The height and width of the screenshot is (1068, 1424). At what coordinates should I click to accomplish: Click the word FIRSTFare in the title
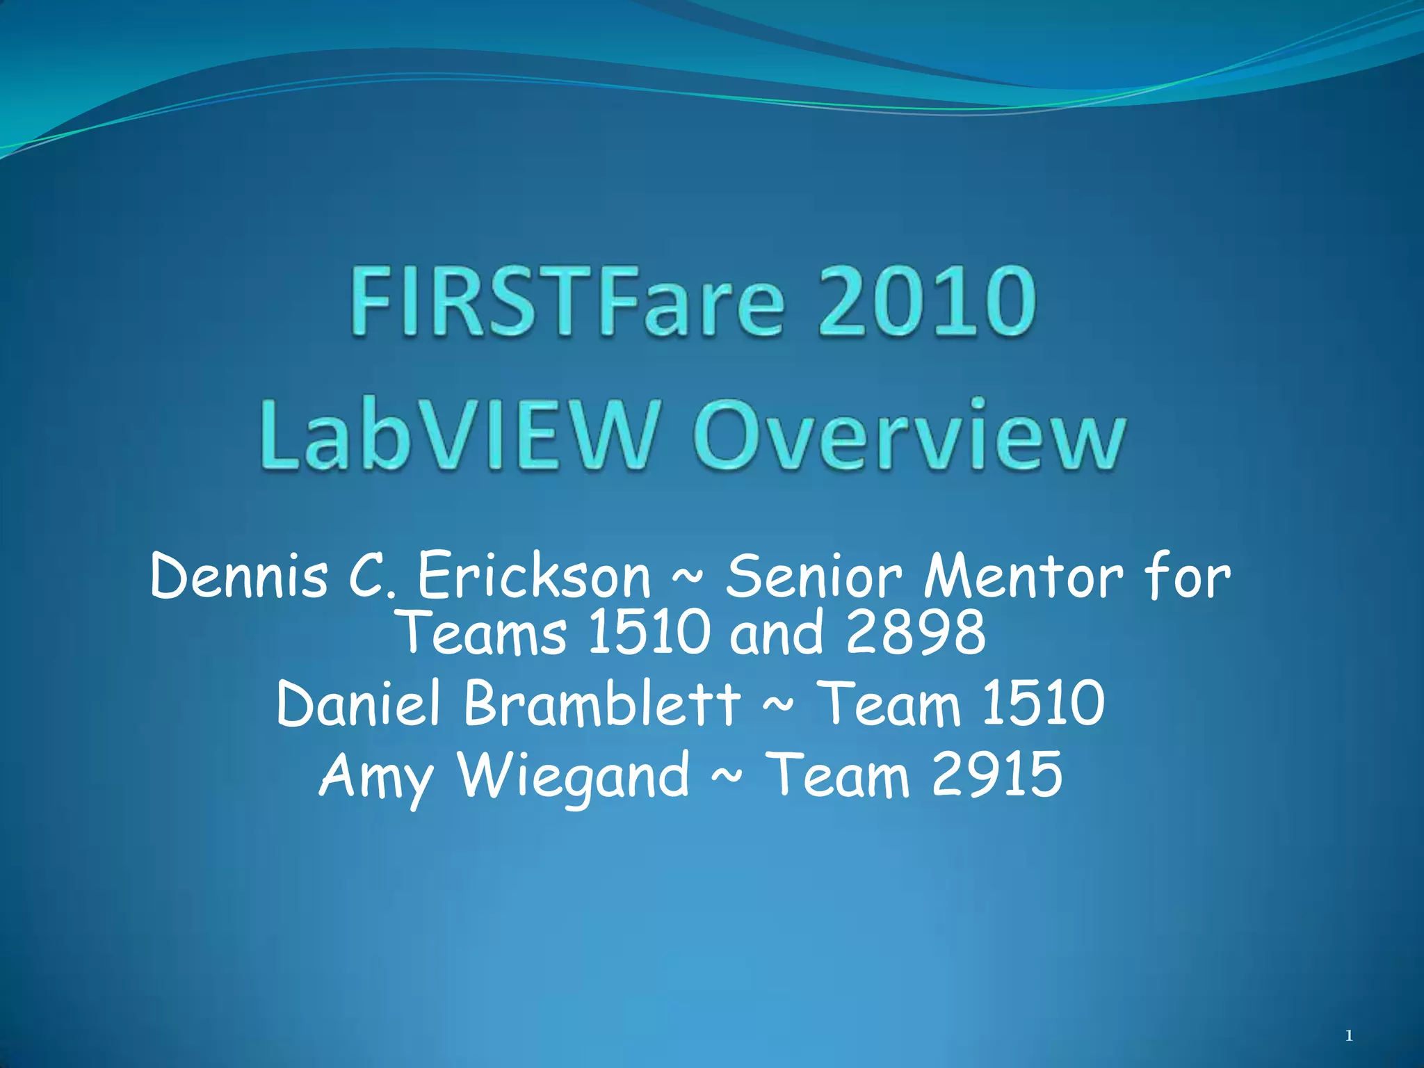(x=567, y=303)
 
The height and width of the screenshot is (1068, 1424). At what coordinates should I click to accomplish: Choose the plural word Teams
(x=484, y=633)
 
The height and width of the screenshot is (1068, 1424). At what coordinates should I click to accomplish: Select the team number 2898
(x=916, y=633)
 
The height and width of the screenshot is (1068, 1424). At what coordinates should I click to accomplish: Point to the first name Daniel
(x=359, y=704)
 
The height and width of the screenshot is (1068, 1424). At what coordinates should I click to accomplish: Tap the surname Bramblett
(x=602, y=704)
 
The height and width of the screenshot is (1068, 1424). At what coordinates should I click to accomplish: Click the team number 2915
(x=997, y=775)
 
